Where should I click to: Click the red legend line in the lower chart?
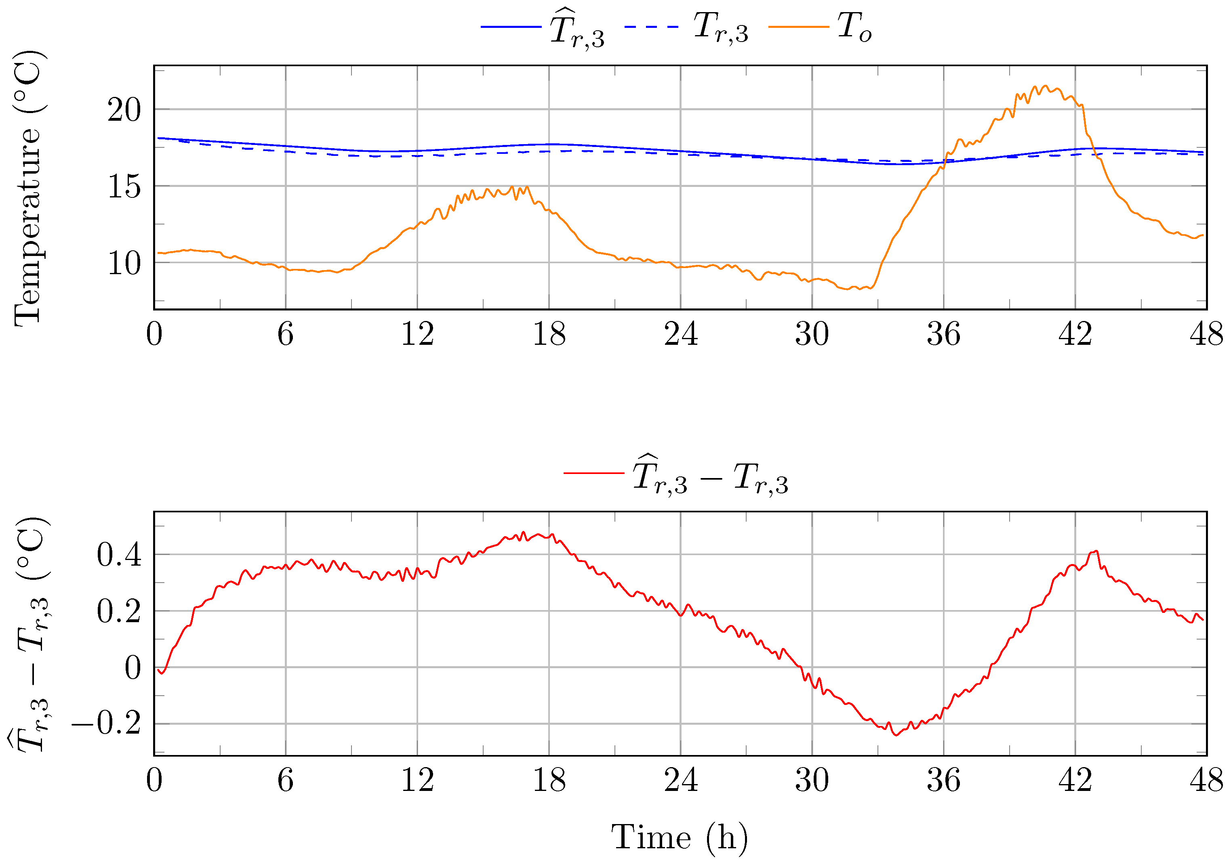593,473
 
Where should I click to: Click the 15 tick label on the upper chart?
124,187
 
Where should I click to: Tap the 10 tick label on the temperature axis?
124,264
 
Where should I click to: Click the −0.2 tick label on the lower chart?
106,724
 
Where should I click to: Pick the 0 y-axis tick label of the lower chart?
133,668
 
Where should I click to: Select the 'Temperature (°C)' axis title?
28,187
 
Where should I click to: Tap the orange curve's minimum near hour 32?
847,289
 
